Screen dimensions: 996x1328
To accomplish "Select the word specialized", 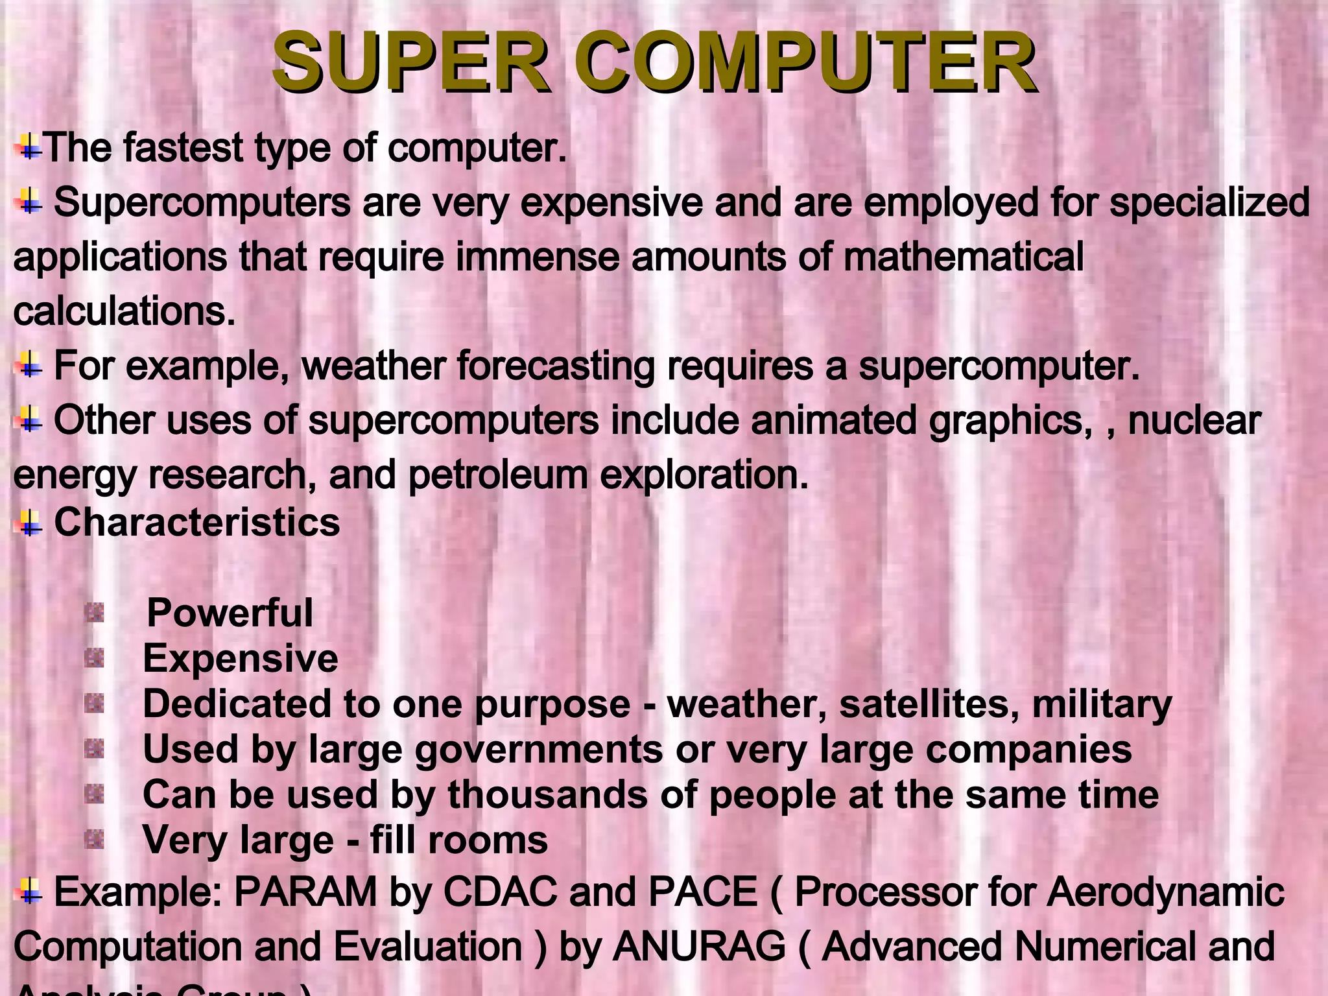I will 1209,202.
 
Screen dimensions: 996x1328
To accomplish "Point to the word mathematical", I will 963,257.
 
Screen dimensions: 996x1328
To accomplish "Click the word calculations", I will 123,312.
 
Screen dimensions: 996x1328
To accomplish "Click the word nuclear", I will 1194,421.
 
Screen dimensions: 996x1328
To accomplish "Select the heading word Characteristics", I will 196,522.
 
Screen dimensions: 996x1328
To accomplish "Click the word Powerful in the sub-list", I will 230,613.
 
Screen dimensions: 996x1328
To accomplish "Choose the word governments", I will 538,750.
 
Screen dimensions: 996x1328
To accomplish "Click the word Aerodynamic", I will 1166,892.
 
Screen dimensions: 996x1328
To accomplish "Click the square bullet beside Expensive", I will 95,659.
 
